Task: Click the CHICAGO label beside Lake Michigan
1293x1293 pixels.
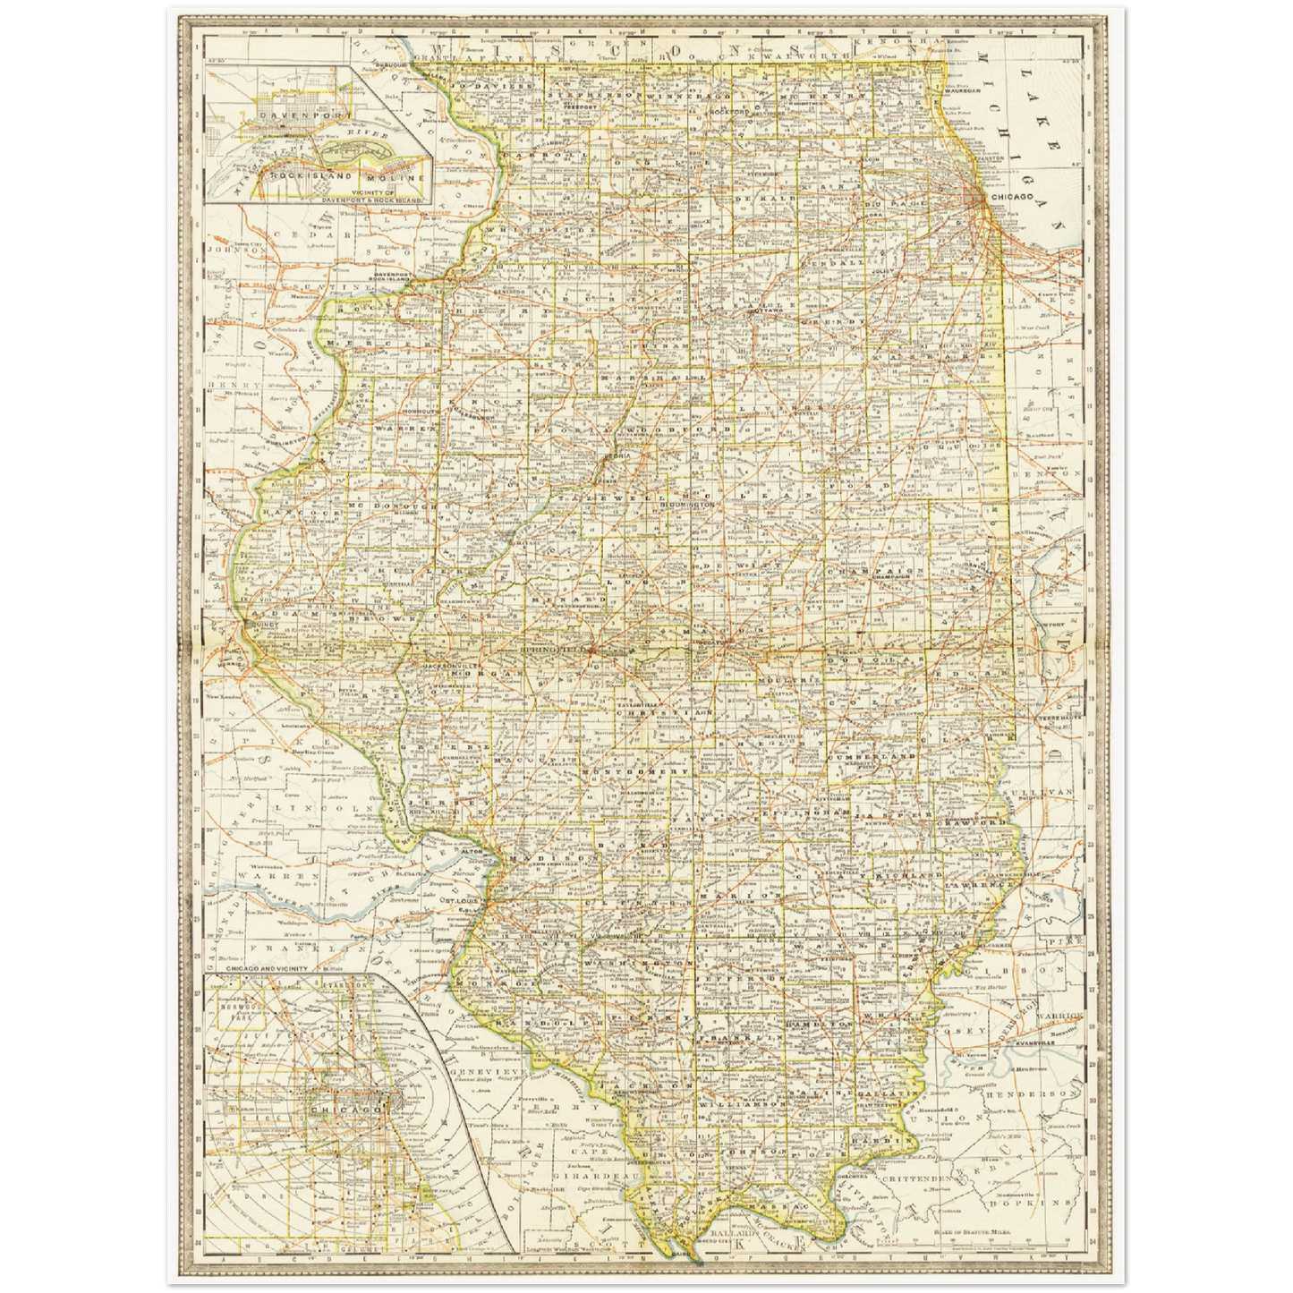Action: [x=1011, y=196]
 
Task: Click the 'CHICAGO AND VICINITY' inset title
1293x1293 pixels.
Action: [x=267, y=968]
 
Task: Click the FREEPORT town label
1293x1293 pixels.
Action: [x=580, y=106]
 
